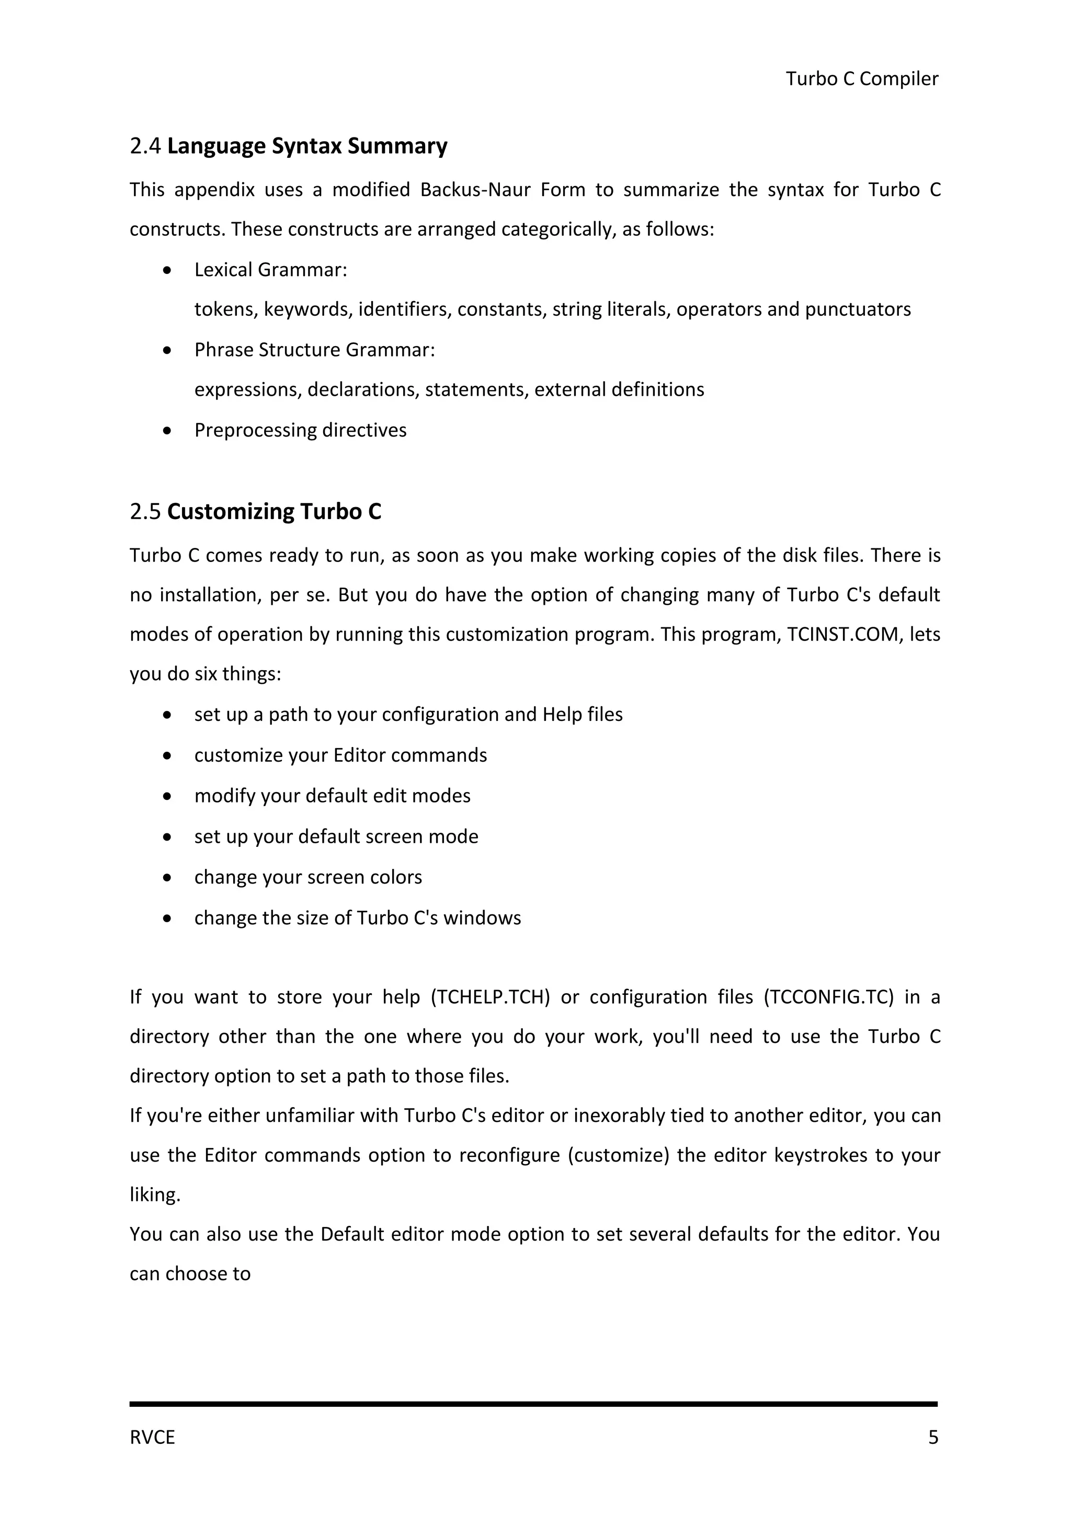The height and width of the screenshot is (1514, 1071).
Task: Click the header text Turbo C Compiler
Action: tap(861, 79)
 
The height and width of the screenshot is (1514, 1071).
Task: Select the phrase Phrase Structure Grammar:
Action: tap(315, 350)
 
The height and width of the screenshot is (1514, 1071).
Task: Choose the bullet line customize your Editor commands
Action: tap(340, 755)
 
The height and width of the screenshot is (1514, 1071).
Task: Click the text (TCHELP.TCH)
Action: tap(490, 997)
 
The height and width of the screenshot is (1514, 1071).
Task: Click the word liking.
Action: tap(155, 1195)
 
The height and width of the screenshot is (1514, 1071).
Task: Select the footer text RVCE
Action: tap(152, 1438)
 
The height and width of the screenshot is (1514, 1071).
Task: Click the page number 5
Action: tap(932, 1438)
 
